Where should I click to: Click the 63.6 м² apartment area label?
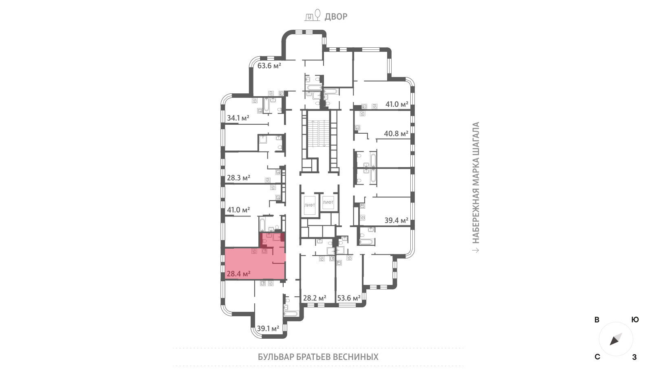click(269, 66)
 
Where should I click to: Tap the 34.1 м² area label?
click(238, 118)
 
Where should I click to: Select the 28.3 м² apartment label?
click(238, 178)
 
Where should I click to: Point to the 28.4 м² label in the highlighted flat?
click(239, 274)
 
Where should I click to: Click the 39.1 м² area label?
click(268, 329)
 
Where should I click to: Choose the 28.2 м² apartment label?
click(315, 298)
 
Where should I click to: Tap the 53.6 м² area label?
click(349, 298)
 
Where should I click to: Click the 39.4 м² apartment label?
click(396, 221)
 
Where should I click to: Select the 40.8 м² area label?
click(396, 134)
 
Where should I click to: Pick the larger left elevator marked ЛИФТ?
click(309, 205)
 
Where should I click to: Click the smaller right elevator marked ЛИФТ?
click(328, 202)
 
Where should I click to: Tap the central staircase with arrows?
click(319, 133)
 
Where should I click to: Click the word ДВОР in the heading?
click(336, 17)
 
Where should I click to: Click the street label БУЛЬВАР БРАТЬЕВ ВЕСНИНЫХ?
click(318, 357)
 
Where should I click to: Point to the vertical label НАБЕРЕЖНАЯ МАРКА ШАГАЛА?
click(476, 183)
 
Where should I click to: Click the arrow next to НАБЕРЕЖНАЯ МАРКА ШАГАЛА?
click(476, 250)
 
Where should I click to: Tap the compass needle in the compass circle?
click(616, 339)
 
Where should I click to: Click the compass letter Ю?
click(635, 320)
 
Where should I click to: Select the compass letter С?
click(597, 357)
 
